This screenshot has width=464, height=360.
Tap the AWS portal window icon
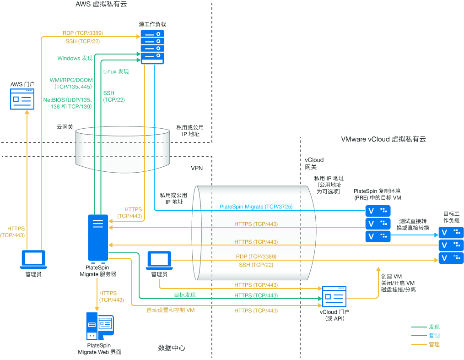tap(22, 99)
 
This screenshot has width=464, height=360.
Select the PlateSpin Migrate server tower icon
tap(98, 238)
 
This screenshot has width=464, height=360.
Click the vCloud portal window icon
tap(334, 296)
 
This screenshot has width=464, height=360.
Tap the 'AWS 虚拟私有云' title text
tap(101, 5)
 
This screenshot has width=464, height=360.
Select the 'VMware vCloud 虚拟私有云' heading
tap(383, 139)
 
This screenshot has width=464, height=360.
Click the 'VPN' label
tap(197, 168)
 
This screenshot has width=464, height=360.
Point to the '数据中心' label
tap(172, 348)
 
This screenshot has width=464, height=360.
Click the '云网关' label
tap(65, 127)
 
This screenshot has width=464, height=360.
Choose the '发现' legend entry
tap(434, 327)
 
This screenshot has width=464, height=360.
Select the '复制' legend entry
tap(434, 336)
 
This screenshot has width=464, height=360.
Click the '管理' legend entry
tap(434, 344)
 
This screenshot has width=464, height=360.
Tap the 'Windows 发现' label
tap(75, 58)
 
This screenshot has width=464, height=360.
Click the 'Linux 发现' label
tap(116, 71)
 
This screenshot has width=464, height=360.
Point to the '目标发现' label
tap(184, 295)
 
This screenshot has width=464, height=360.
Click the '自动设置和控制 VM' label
tap(171, 310)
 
